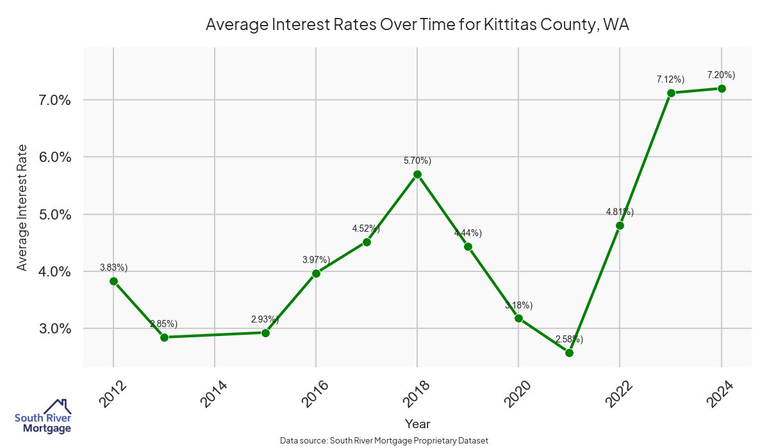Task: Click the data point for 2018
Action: click(417, 174)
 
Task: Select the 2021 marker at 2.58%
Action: click(569, 353)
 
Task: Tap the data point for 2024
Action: click(722, 88)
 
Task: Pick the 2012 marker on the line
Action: click(113, 281)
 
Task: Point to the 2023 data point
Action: click(671, 93)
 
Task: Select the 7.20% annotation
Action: click(721, 75)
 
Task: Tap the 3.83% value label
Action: click(113, 267)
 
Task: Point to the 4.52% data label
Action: click(366, 228)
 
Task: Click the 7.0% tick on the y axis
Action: click(52, 100)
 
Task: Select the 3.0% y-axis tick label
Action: click(52, 329)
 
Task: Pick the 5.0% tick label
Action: click(52, 214)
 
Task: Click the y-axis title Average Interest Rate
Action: click(22, 208)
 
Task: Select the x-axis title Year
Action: click(418, 424)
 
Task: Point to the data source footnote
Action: click(384, 440)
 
